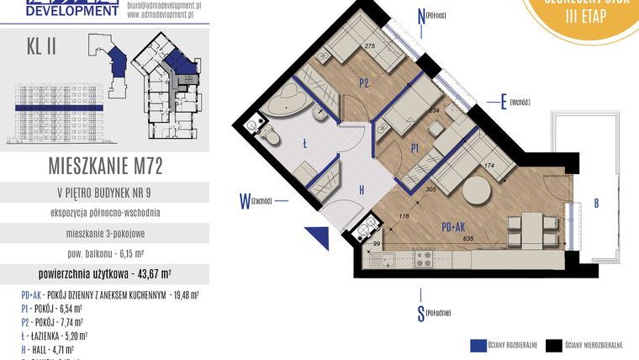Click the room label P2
(x=365, y=82)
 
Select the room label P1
(x=415, y=147)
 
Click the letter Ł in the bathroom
(x=304, y=144)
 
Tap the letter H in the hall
(x=362, y=190)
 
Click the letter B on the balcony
(x=595, y=203)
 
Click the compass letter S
(x=420, y=315)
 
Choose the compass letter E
(x=503, y=102)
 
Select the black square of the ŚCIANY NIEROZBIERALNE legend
(x=553, y=345)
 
